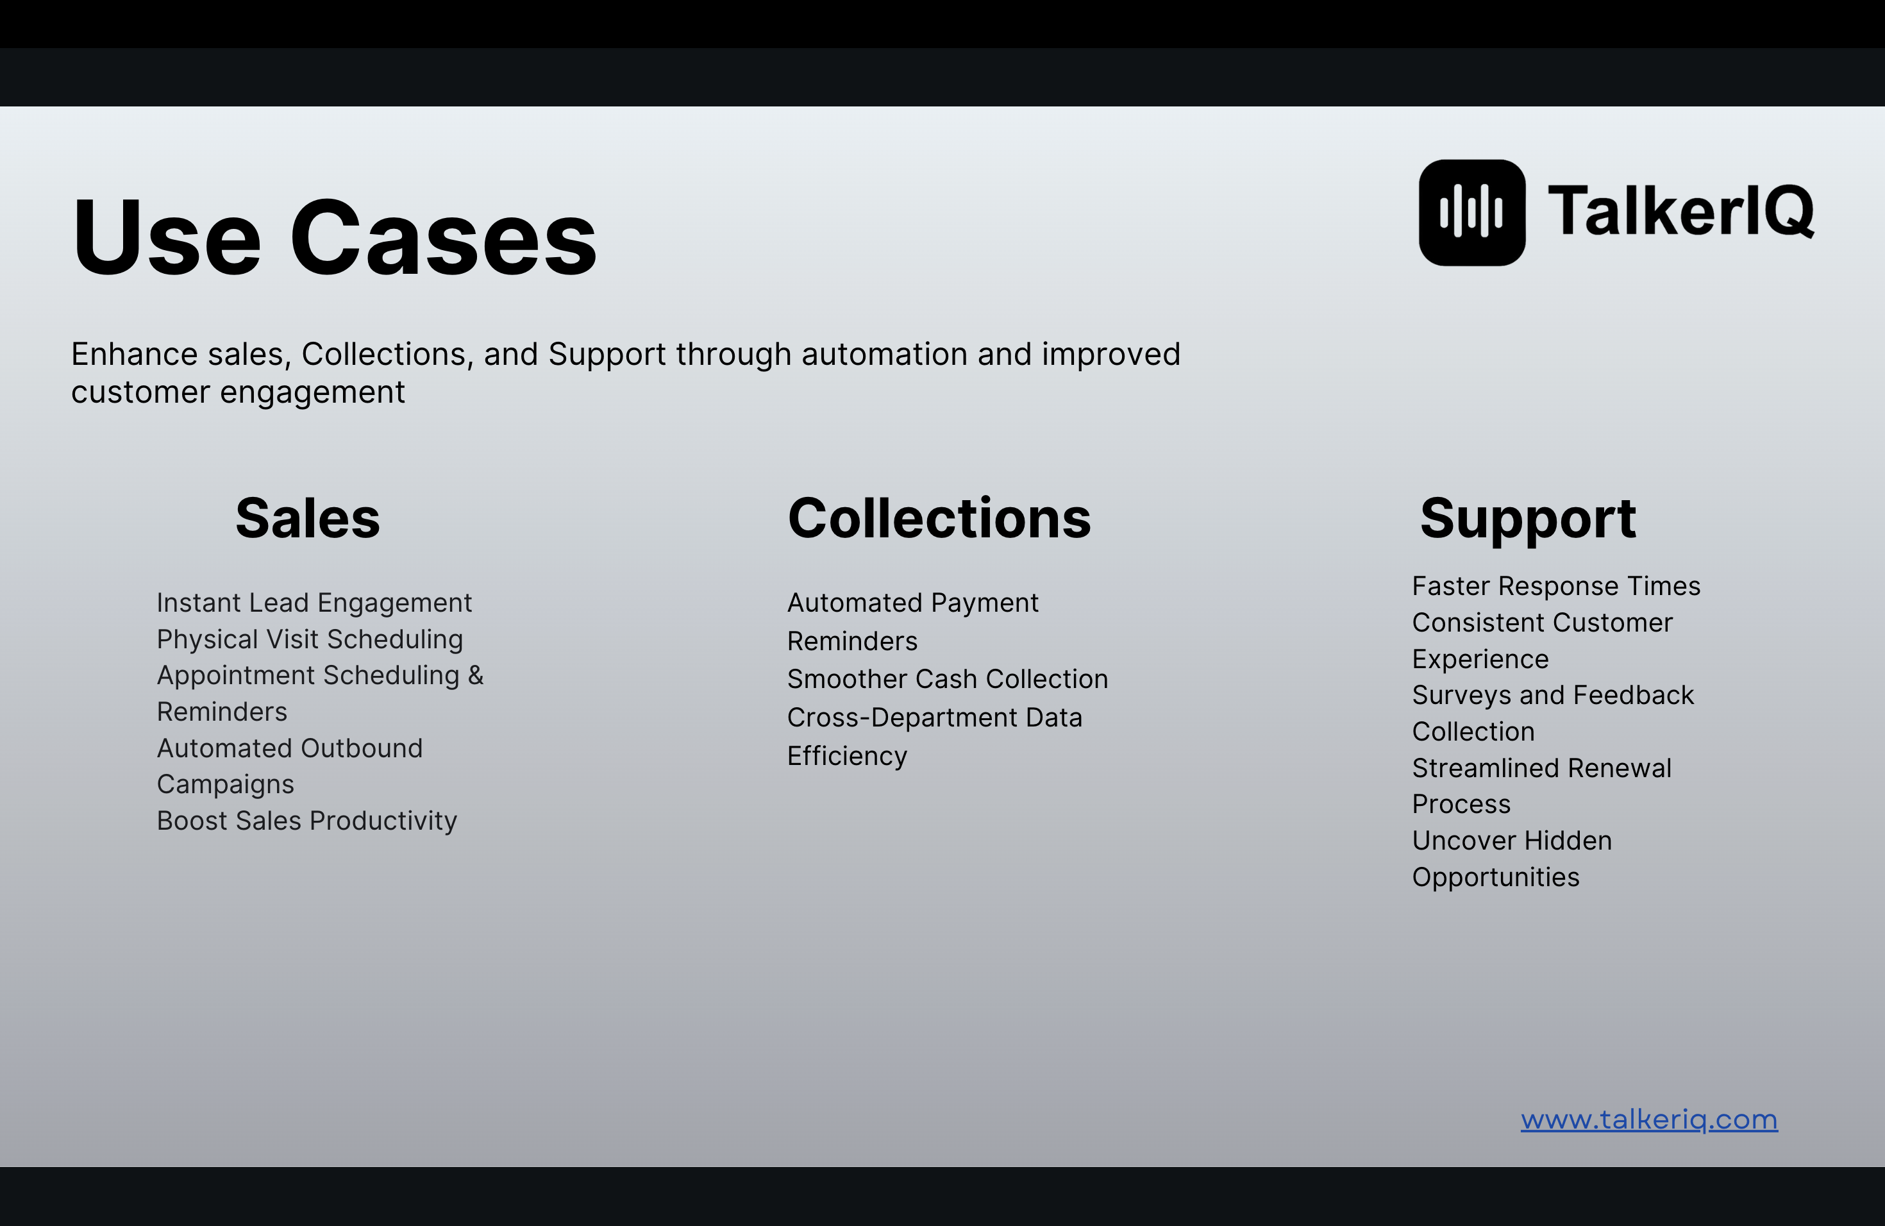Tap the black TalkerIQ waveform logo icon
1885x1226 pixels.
(1471, 212)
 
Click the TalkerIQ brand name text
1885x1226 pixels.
(1680, 212)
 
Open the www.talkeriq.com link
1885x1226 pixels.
(1649, 1119)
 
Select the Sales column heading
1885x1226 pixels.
(307, 519)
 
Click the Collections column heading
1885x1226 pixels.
(939, 519)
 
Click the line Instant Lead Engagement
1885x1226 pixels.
(314, 603)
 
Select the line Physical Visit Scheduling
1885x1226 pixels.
(310, 639)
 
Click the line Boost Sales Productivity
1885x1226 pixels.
(307, 821)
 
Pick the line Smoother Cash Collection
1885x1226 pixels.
(947, 679)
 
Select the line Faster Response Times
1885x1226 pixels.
(1556, 586)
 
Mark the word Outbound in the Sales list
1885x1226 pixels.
(361, 748)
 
